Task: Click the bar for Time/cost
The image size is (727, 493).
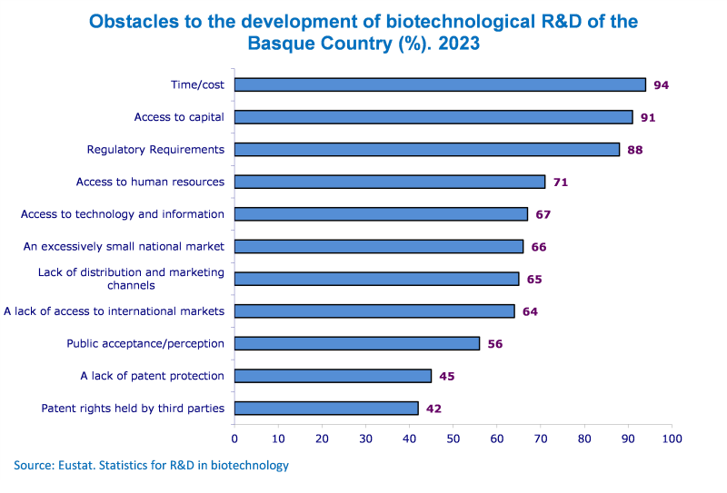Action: tap(440, 84)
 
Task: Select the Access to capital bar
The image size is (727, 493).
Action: tap(433, 117)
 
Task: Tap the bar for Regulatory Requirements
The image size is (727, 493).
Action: tap(427, 149)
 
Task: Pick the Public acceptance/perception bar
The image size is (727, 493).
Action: tap(357, 343)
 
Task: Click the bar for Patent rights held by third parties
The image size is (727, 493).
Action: tap(326, 408)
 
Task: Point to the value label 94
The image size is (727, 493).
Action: tap(661, 85)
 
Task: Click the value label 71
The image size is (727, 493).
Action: tap(560, 182)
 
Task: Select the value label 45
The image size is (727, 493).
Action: tap(446, 377)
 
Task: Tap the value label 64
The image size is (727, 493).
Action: tap(530, 311)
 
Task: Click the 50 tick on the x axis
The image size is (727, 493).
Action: tap(453, 439)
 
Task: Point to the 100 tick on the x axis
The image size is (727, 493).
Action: tap(672, 439)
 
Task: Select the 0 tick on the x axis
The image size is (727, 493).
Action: tap(234, 439)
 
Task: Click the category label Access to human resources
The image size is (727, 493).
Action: tap(150, 182)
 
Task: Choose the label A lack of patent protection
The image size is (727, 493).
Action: tap(152, 376)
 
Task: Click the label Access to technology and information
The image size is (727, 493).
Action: tap(123, 214)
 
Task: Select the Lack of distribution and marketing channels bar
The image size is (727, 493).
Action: tap(376, 279)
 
